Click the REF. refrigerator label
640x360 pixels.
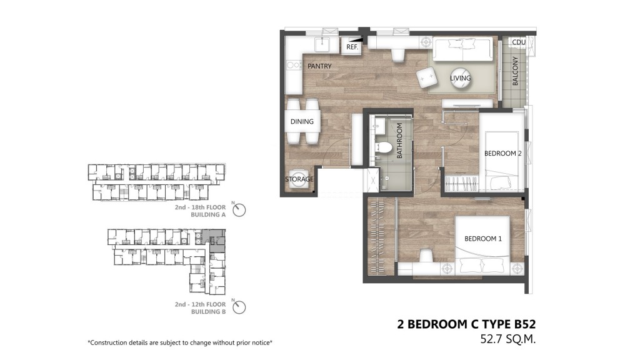(x=352, y=47)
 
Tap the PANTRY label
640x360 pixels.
(x=319, y=66)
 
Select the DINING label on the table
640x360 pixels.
(x=302, y=122)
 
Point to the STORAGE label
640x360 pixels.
(x=299, y=179)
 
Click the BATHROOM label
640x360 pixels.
(x=399, y=141)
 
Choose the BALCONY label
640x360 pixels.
(x=515, y=71)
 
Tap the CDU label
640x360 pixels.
(x=519, y=42)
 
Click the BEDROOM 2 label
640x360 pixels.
(x=503, y=154)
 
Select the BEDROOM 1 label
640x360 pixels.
(x=483, y=239)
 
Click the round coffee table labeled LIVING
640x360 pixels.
(x=461, y=79)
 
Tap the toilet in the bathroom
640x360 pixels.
(x=383, y=147)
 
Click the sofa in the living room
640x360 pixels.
(x=462, y=49)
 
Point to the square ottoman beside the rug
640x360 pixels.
(x=426, y=77)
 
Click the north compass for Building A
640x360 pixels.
(x=239, y=210)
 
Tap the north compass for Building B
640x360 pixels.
(x=239, y=307)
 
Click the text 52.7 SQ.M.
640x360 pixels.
(x=507, y=339)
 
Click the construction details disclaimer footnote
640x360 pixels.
(x=180, y=343)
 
